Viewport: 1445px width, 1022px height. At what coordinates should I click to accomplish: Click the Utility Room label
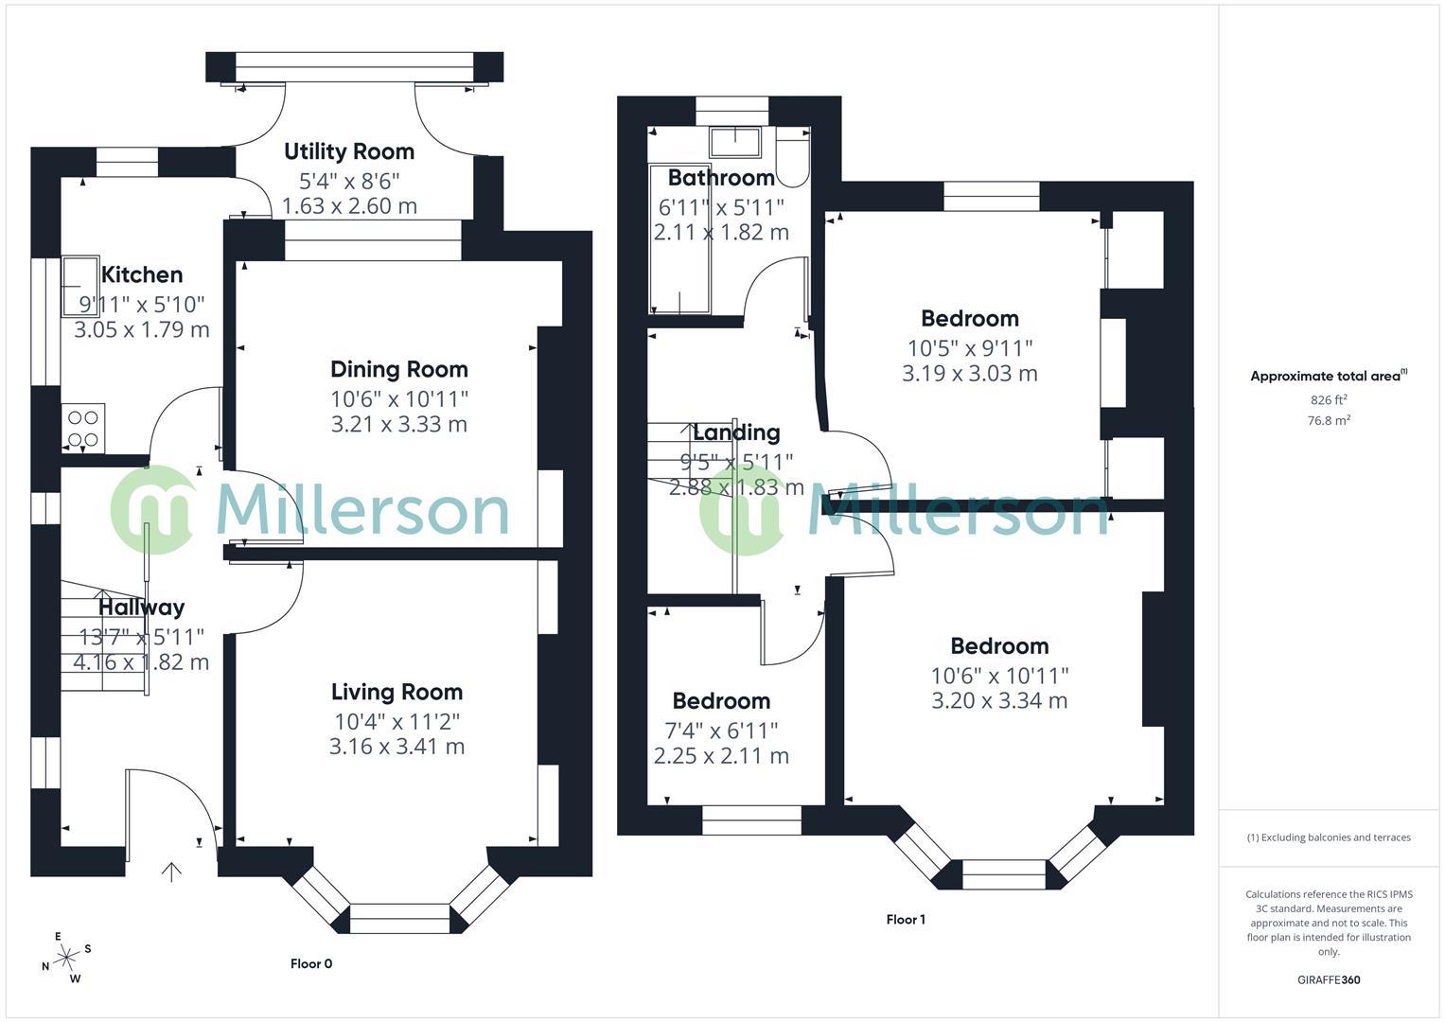(349, 151)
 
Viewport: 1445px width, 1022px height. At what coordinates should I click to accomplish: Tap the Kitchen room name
(142, 275)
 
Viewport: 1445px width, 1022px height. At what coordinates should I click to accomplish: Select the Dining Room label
(398, 369)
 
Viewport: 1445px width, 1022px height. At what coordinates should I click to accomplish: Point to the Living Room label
(396, 692)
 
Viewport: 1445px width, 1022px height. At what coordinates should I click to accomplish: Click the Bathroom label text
(721, 178)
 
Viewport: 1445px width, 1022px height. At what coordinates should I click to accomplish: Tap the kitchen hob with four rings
(82, 428)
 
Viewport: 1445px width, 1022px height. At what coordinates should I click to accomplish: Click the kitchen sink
(80, 284)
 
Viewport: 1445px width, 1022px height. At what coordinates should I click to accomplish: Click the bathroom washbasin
(735, 142)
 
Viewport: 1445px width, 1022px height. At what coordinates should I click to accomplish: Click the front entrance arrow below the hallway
(171, 872)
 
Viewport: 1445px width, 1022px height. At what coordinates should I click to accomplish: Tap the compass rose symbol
(66, 958)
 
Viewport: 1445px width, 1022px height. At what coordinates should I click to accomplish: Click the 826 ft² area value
(1328, 400)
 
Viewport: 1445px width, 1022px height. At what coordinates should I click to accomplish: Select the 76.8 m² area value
(1328, 421)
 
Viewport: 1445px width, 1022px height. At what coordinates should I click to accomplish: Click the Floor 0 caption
(311, 964)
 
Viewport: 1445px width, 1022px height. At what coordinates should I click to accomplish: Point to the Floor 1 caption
(906, 920)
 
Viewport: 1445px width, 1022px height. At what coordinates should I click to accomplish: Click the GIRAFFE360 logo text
(1328, 980)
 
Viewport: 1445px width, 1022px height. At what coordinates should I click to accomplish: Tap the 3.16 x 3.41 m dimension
(396, 747)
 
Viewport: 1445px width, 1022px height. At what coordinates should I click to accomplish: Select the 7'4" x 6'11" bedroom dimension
(721, 731)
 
